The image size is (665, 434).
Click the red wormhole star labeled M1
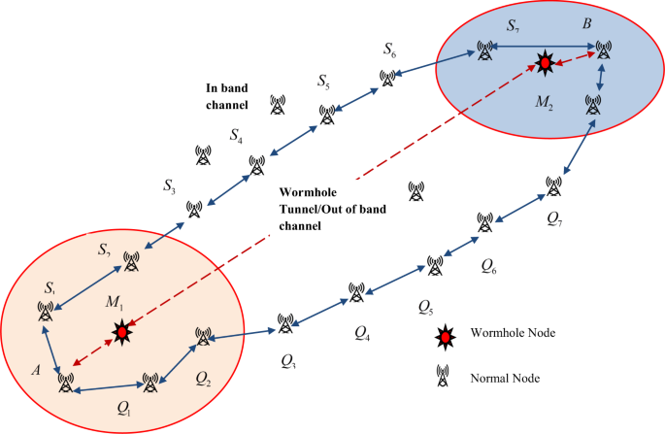point(121,332)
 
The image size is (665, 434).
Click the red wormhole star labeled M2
point(546,63)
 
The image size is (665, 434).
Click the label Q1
point(122,407)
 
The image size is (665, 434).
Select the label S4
point(236,137)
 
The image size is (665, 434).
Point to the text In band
point(227,86)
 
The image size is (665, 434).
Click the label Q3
point(288,362)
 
